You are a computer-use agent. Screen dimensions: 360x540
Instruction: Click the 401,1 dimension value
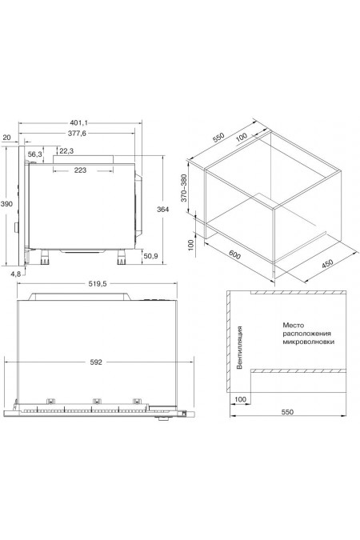coord(79,122)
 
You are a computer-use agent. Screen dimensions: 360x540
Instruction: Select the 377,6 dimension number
coord(77,134)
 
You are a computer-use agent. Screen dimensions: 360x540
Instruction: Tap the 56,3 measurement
coord(34,154)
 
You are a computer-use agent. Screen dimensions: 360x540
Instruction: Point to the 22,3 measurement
coord(66,151)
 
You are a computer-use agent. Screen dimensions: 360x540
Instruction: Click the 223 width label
coord(80,170)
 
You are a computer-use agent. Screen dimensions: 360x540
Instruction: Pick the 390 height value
coord(6,204)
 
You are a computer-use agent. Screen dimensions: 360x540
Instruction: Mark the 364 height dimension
coord(163,209)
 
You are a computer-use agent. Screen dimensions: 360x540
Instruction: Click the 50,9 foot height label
coord(150,256)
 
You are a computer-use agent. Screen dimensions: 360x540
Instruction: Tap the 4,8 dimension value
coord(16,274)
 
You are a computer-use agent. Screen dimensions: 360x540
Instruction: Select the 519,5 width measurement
coord(98,283)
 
